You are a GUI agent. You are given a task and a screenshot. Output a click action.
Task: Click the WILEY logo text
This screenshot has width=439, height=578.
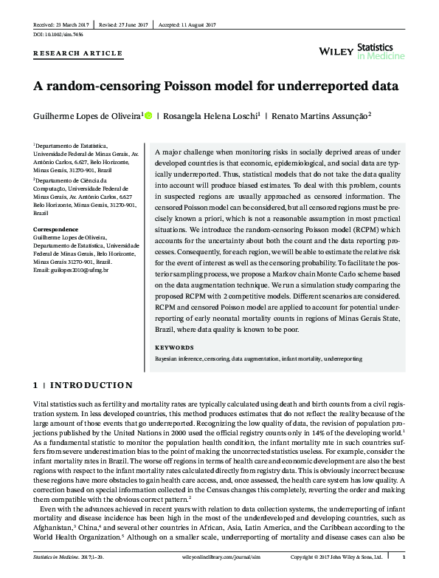pos(336,51)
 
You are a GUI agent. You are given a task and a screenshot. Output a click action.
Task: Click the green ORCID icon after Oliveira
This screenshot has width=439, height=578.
pos(148,115)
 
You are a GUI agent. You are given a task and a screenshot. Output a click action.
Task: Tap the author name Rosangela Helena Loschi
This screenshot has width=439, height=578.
pos(210,115)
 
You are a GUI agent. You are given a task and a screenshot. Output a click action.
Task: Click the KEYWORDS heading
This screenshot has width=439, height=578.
pos(173,347)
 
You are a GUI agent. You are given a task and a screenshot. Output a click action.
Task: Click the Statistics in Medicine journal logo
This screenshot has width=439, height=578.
pos(380,50)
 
